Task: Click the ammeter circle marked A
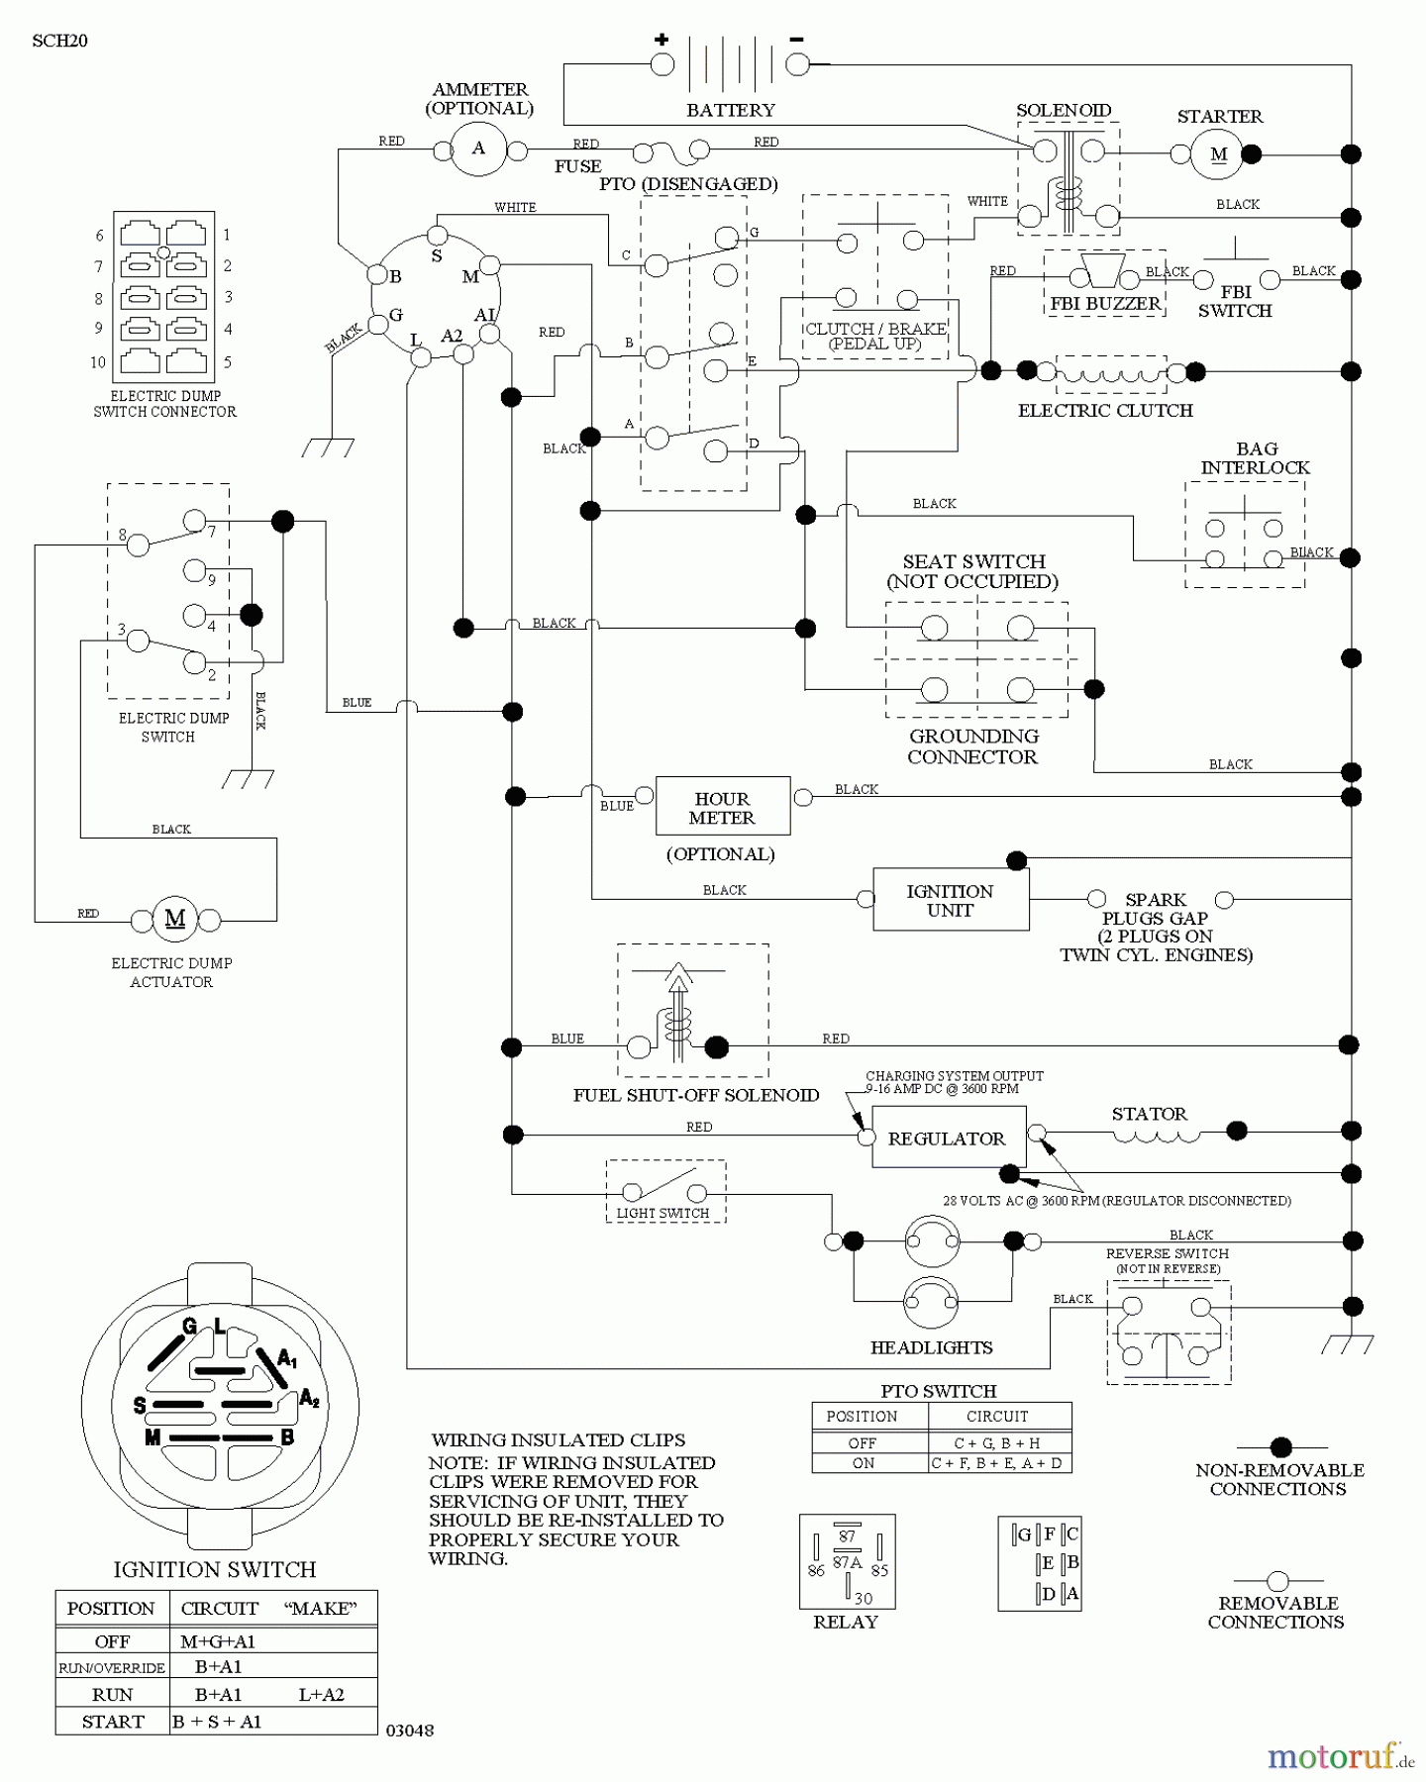point(478,149)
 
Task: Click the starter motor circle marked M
point(1217,154)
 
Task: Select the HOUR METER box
point(722,807)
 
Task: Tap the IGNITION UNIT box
point(950,899)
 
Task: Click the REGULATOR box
point(947,1138)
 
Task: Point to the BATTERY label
point(731,110)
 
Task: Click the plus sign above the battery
point(662,40)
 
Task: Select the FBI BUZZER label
point(1105,303)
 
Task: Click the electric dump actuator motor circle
point(175,920)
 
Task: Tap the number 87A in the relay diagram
point(847,1562)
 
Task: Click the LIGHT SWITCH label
point(662,1213)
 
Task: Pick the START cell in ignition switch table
point(113,1721)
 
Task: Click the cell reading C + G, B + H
point(997,1442)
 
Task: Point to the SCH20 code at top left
point(59,41)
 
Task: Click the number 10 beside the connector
point(98,362)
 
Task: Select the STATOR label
point(1149,1114)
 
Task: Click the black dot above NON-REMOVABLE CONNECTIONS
point(1280,1447)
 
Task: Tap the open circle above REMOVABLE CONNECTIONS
point(1277,1581)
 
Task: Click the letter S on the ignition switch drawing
point(140,1405)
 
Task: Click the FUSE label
point(577,166)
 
